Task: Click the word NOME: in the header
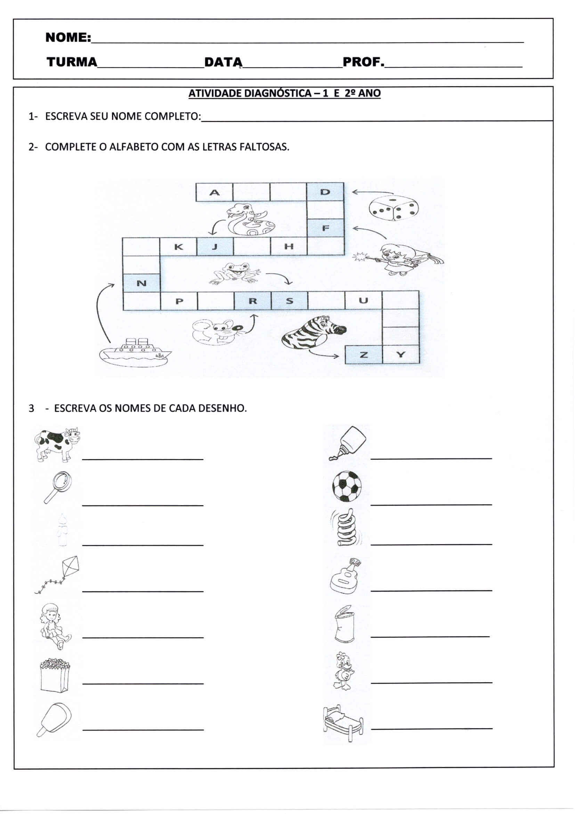68,37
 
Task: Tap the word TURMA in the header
72,62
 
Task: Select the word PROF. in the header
363,62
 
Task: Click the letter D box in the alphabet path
325,192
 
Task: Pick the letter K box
178,247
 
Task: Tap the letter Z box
364,354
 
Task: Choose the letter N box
141,283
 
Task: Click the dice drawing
393,210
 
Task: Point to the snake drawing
249,220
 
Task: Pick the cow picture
57,444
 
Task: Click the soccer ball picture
347,486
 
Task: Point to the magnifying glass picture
58,486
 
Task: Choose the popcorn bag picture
55,675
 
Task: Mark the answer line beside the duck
431,682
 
